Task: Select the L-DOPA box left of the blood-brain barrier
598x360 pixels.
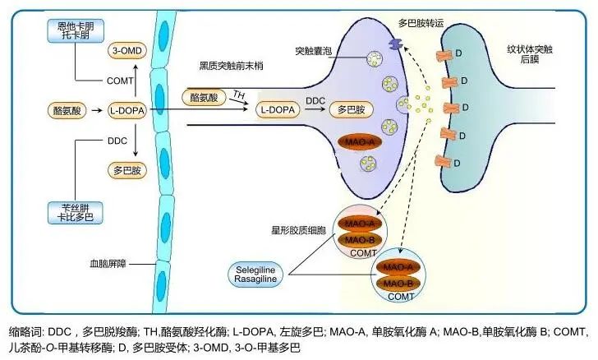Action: pyautogui.click(x=126, y=108)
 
